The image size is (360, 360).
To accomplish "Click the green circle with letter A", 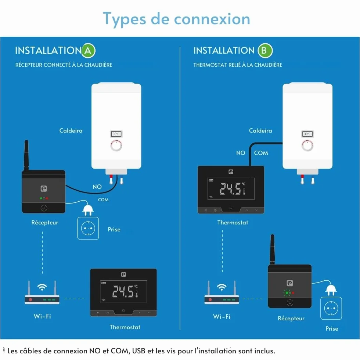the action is (x=88, y=51).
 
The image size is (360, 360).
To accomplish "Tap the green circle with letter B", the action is (x=265, y=51).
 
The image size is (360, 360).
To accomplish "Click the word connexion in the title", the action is (x=212, y=19).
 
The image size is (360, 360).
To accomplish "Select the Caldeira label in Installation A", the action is (x=71, y=131).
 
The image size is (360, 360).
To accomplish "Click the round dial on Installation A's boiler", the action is (x=116, y=145).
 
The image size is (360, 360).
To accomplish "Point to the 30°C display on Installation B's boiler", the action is (x=307, y=134).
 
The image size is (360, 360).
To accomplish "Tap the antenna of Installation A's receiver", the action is (x=26, y=155).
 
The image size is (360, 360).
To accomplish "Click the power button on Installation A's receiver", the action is (x=44, y=208).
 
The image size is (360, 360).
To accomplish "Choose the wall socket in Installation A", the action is (x=88, y=228).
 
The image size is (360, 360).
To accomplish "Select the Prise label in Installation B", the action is (x=332, y=328).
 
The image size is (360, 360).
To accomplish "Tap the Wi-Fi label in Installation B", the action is (x=222, y=317).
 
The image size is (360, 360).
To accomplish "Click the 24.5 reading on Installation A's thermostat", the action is (x=123, y=291).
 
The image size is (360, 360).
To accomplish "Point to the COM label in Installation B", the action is (x=261, y=153).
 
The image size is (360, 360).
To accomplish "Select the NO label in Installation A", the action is (x=97, y=187).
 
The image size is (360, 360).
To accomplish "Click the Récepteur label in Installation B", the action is (x=291, y=318).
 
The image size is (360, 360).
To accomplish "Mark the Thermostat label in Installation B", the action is (x=233, y=223).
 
